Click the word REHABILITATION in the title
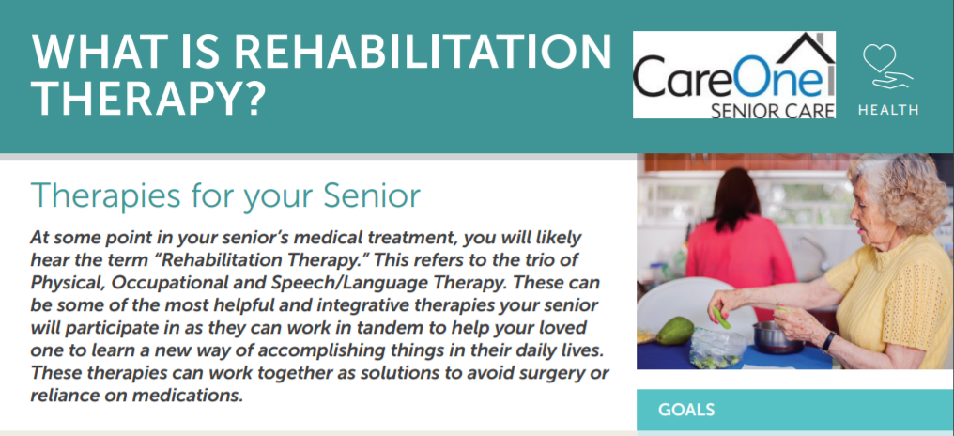click(423, 53)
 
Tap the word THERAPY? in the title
click(148, 100)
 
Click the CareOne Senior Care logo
click(733, 74)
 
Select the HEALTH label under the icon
click(888, 110)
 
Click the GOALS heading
click(686, 410)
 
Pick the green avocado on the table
click(674, 332)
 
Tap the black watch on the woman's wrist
click(828, 342)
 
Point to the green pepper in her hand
click(721, 318)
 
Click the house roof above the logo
click(792, 51)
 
